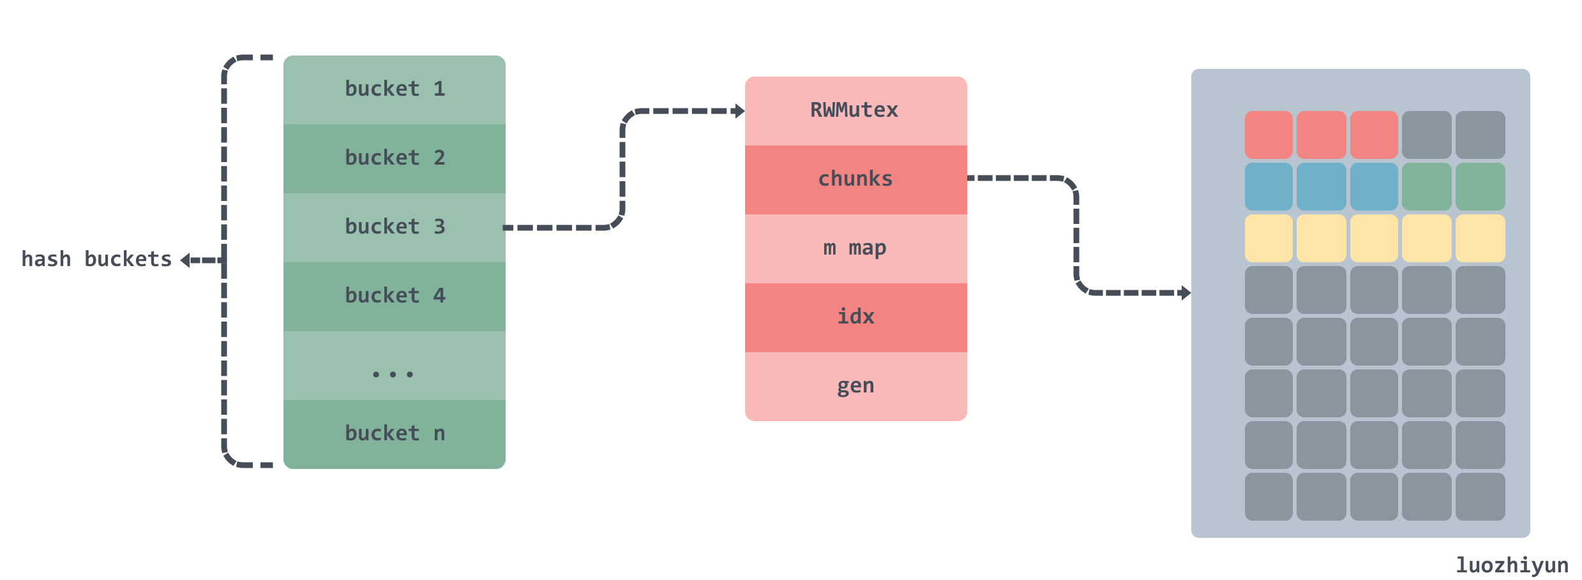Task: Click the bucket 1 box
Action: [x=395, y=90]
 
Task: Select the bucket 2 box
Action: [x=395, y=159]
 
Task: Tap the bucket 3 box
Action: [x=395, y=228]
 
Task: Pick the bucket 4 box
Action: [x=395, y=297]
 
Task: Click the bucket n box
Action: [x=395, y=435]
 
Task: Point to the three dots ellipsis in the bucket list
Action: [x=393, y=375]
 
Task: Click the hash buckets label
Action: [x=96, y=260]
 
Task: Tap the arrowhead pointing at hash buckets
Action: [x=185, y=260]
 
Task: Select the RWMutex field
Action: [x=856, y=111]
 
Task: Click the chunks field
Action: [x=856, y=180]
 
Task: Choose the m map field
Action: [x=856, y=249]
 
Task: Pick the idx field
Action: [x=856, y=318]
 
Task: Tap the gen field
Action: [x=856, y=387]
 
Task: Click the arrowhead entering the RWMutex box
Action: [x=740, y=111]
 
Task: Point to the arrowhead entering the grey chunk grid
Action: [x=1186, y=293]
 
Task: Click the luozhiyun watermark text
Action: [x=1512, y=565]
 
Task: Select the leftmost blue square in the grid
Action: [x=1269, y=186]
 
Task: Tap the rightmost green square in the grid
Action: [x=1480, y=186]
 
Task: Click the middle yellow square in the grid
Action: [x=1374, y=238]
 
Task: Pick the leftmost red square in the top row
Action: [x=1269, y=135]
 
